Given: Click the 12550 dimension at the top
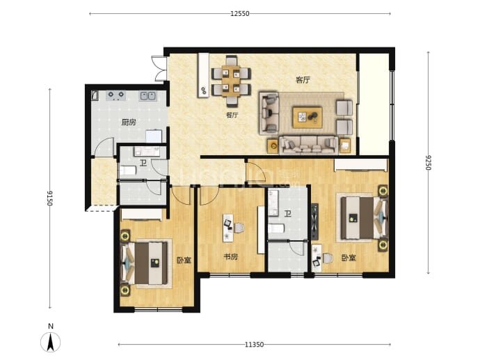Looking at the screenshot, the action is [240, 13].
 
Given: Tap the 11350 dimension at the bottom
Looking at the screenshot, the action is [254, 345].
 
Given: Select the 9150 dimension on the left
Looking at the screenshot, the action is [49, 198].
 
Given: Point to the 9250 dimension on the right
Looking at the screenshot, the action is [429, 162].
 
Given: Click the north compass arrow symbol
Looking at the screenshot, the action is [51, 342].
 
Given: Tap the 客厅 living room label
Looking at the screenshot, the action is [303, 80].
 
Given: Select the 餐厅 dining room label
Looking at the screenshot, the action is [232, 115].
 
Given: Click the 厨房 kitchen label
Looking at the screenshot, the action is [129, 123].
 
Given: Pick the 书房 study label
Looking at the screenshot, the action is [230, 257].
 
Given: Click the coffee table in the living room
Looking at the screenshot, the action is [307, 118].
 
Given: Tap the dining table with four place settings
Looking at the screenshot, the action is [231, 81].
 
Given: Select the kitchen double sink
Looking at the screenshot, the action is [148, 96].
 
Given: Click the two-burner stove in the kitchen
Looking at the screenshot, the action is [116, 95].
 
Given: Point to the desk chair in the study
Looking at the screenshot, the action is [239, 228].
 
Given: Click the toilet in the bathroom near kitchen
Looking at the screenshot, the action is [128, 171].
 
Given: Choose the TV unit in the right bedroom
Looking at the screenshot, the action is [314, 221].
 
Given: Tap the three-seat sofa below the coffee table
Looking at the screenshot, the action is [308, 145].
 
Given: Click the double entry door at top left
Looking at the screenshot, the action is [159, 69].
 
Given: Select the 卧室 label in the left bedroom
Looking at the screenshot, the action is [184, 260].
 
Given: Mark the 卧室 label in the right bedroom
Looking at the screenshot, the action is [349, 258].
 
